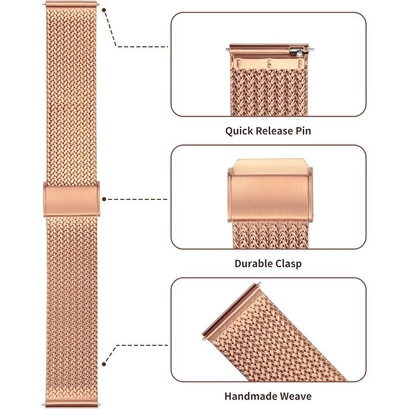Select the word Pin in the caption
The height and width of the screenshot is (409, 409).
coord(303,131)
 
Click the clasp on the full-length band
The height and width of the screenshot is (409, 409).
coord(72,199)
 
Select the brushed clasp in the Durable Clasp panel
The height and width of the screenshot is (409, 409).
coord(270,190)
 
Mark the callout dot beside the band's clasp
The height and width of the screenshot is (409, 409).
coord(104,199)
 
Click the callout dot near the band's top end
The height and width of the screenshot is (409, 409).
coord(104,10)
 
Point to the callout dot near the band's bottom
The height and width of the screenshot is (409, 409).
coord(104,364)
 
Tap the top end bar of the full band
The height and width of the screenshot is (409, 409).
coord(71,4)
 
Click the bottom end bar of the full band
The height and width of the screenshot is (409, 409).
coord(71,404)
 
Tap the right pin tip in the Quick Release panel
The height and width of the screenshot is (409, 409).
coord(311,49)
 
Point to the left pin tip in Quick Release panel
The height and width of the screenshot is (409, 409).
coord(227,49)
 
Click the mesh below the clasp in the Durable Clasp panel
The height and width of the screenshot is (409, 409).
coord(271,235)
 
